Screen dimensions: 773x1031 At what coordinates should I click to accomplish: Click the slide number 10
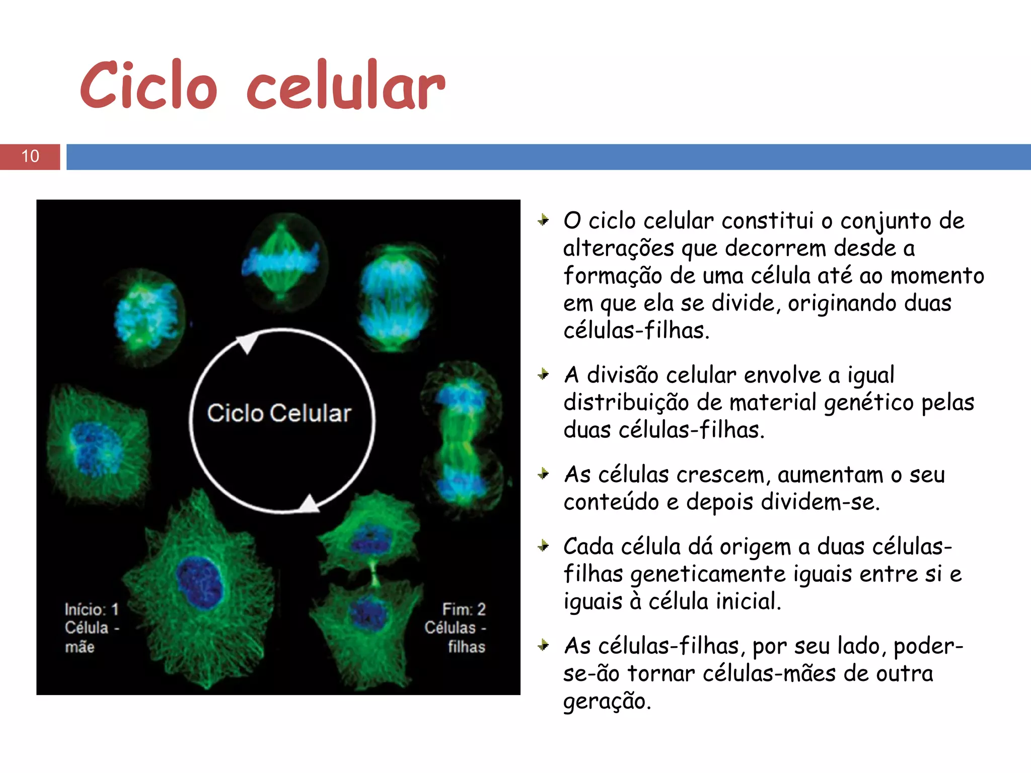click(x=30, y=156)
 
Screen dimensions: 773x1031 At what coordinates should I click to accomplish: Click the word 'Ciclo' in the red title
click(x=149, y=86)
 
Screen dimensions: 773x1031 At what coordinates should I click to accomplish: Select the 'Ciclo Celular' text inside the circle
click(x=279, y=413)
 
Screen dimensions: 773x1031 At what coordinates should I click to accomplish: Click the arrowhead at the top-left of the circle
click(x=247, y=344)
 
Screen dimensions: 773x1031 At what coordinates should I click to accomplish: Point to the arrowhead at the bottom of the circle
click(x=308, y=503)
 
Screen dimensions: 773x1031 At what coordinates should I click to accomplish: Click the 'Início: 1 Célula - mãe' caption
click(x=91, y=628)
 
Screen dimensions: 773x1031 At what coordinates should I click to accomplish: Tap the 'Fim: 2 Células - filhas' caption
click(x=456, y=628)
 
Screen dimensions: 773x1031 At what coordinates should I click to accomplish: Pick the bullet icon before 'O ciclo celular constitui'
click(x=543, y=220)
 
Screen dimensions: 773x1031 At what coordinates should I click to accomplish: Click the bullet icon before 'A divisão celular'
click(x=543, y=374)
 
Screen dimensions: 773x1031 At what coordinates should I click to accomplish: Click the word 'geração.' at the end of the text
click(x=607, y=701)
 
